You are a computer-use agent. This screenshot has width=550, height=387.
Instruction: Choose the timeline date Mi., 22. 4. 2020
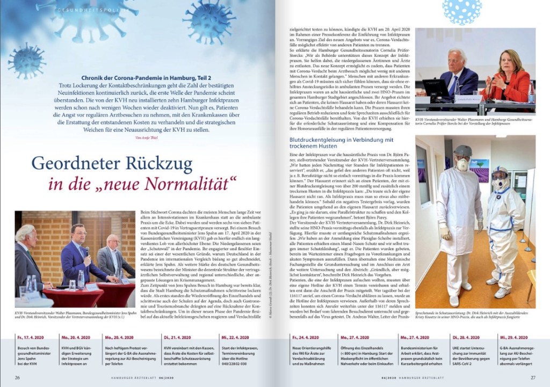[x=237, y=338]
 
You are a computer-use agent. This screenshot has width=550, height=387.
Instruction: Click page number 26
[x=17, y=377]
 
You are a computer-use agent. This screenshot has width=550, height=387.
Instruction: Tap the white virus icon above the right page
[x=462, y=10]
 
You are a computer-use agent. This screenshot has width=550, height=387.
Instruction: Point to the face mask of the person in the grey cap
[x=461, y=164]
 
